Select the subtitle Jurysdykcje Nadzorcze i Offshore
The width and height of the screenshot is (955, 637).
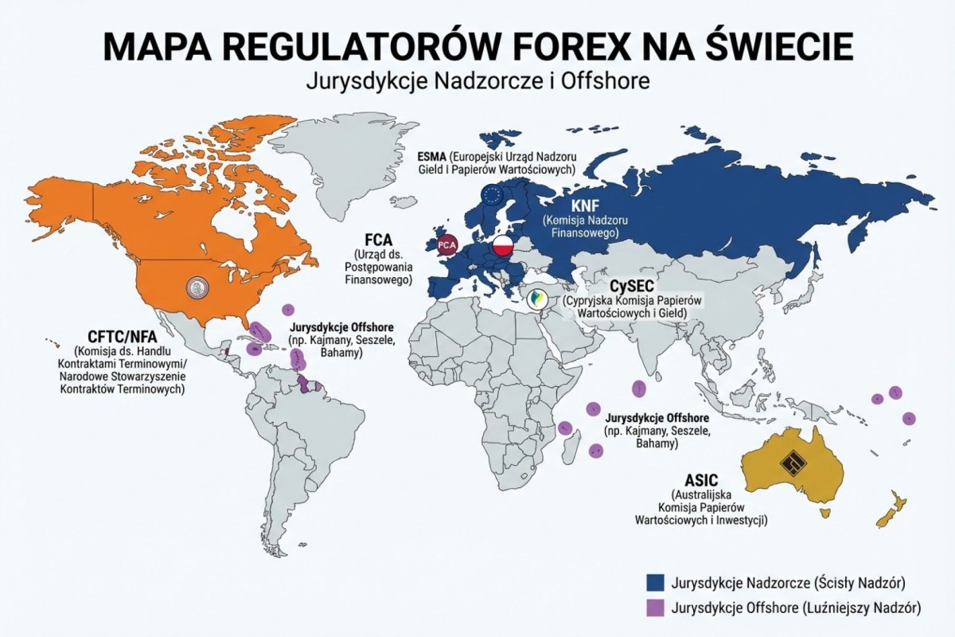coord(477,81)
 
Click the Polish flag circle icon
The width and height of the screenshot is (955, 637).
coord(504,246)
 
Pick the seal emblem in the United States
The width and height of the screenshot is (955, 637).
coord(195,287)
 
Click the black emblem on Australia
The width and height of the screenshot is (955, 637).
coord(793,463)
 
